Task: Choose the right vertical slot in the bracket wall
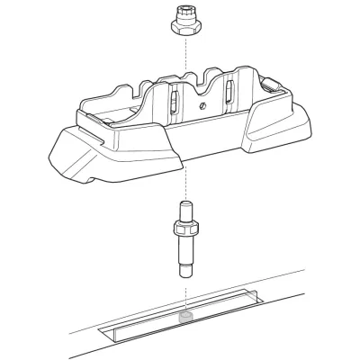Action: tap(230, 92)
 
